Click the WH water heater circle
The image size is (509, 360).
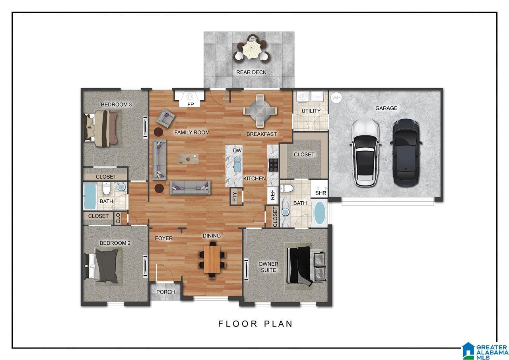tap(336, 98)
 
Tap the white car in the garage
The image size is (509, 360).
tap(365, 152)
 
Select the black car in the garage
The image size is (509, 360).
tap(406, 153)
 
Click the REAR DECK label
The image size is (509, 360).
tap(251, 72)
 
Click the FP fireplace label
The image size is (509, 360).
tap(190, 105)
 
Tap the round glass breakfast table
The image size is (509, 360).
tap(260, 111)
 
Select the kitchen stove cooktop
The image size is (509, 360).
tap(273, 165)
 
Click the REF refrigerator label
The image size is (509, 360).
tap(273, 195)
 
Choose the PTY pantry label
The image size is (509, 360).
tap(235, 197)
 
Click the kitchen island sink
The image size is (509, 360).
tap(237, 165)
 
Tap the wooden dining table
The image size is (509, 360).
tap(212, 259)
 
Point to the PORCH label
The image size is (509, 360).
tap(166, 292)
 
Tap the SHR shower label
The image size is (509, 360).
tap(321, 193)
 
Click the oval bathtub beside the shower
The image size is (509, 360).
tap(319, 213)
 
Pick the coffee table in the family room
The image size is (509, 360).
tap(188, 159)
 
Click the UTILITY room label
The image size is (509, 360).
tap(311, 111)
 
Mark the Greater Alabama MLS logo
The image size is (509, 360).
tap(485, 351)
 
